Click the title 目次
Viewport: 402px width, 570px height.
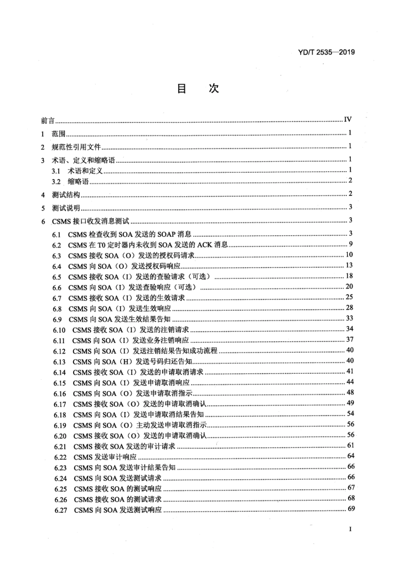pyautogui.click(x=198, y=89)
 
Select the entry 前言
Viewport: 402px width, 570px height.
pyautogui.click(x=47, y=121)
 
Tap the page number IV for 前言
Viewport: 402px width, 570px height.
pyautogui.click(x=348, y=120)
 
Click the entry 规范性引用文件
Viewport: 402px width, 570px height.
pyautogui.click(x=76, y=147)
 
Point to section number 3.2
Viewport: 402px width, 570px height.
pyautogui.click(x=56, y=181)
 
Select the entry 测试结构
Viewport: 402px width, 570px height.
pyautogui.click(x=66, y=195)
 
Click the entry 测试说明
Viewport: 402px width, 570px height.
pyautogui.click(x=66, y=208)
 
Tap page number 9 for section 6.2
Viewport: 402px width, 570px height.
pyautogui.click(x=351, y=244)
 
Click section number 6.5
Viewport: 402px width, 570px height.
pyautogui.click(x=57, y=277)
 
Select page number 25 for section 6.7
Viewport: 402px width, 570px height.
pyautogui.click(x=350, y=297)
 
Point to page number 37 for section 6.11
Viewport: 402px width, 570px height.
pyautogui.click(x=350, y=339)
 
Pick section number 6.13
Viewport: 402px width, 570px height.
pyautogui.click(x=59, y=362)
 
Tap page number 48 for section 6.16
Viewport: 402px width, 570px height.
pyautogui.click(x=350, y=392)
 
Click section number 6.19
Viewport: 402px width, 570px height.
pyautogui.click(x=60, y=425)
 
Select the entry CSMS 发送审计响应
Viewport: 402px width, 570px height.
pyautogui.click(x=105, y=457)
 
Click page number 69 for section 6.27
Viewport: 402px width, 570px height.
pyautogui.click(x=351, y=509)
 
